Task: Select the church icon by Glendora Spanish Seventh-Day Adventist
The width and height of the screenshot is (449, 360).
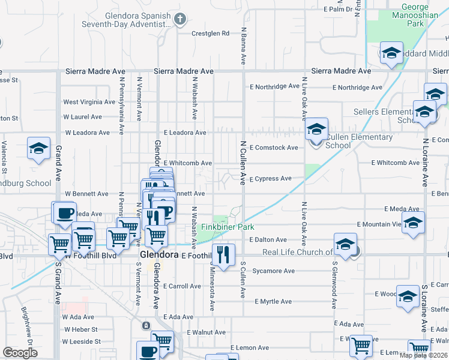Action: tap(179, 20)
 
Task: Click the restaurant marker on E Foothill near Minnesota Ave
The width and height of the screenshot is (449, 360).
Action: tap(223, 255)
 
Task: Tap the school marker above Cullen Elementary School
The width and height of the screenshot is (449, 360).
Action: tap(316, 129)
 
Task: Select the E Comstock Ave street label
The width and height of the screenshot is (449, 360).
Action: tap(274, 148)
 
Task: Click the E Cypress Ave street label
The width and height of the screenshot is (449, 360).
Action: tap(270, 179)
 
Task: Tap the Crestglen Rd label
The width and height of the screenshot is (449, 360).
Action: tap(210, 34)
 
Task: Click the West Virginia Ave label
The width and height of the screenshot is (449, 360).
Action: tap(89, 102)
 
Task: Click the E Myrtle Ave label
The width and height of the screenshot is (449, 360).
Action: tap(273, 302)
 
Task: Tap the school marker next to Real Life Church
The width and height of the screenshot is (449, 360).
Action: tap(346, 245)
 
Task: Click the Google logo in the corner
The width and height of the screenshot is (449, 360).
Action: tap(20, 353)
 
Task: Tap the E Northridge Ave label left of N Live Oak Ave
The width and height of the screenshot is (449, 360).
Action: tap(275, 86)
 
